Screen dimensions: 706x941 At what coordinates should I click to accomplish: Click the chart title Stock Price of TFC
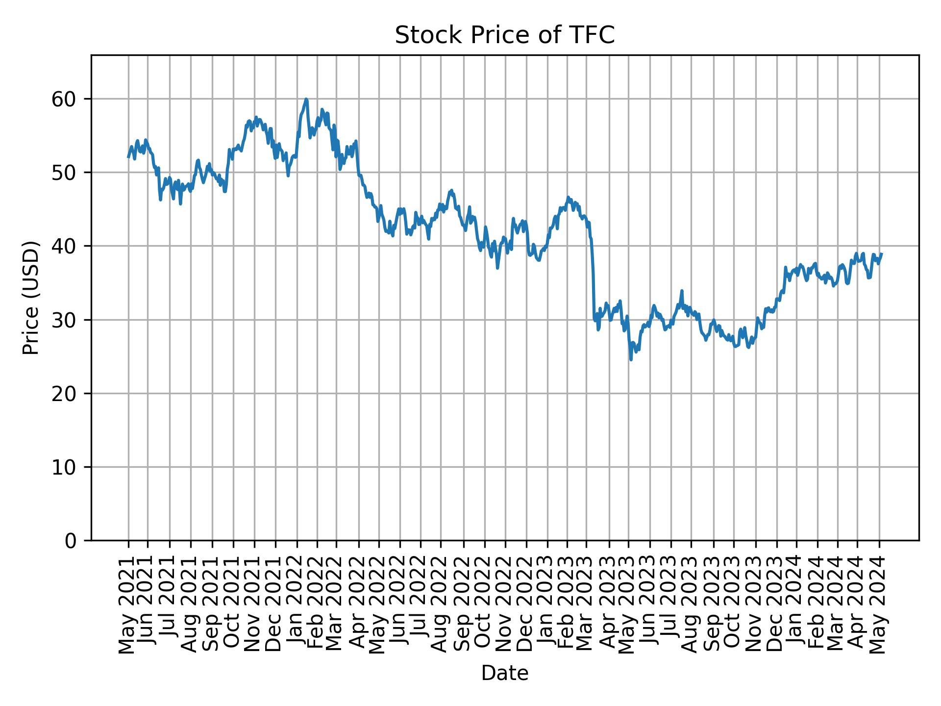(504, 35)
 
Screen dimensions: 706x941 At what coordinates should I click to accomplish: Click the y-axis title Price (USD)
(31, 298)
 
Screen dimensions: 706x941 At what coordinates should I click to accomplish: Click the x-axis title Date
(504, 674)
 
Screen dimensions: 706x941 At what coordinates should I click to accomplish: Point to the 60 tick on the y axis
(65, 100)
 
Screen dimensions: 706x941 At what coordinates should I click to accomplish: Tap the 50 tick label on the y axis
(65, 173)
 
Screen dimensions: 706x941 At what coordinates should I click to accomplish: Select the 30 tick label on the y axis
(65, 320)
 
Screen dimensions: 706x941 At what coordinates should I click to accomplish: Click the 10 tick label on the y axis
(65, 467)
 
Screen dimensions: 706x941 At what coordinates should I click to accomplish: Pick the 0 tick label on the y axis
(71, 541)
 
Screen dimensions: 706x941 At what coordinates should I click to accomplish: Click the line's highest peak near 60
(306, 99)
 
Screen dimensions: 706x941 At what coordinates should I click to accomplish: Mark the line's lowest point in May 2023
(631, 359)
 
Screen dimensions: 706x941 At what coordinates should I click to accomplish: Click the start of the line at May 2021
(128, 157)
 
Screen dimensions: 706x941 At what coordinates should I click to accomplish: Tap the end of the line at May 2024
(882, 254)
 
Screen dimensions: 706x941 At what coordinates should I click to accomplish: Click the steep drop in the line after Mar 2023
(593, 279)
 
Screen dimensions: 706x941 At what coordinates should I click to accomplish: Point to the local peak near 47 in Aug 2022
(451, 190)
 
